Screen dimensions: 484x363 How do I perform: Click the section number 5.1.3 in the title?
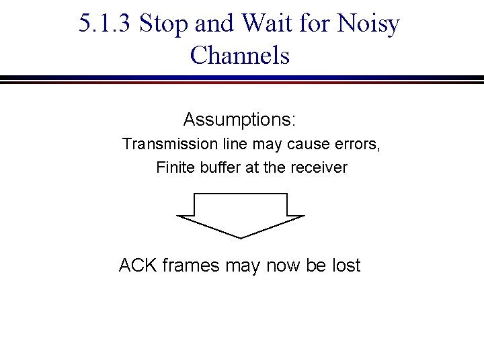point(106,25)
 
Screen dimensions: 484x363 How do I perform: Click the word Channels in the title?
point(240,55)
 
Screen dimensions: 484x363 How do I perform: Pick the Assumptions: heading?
point(240,120)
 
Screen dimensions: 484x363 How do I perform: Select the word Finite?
point(175,167)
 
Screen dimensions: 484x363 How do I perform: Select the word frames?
point(190,266)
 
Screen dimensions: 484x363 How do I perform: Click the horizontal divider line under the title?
point(242,80)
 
